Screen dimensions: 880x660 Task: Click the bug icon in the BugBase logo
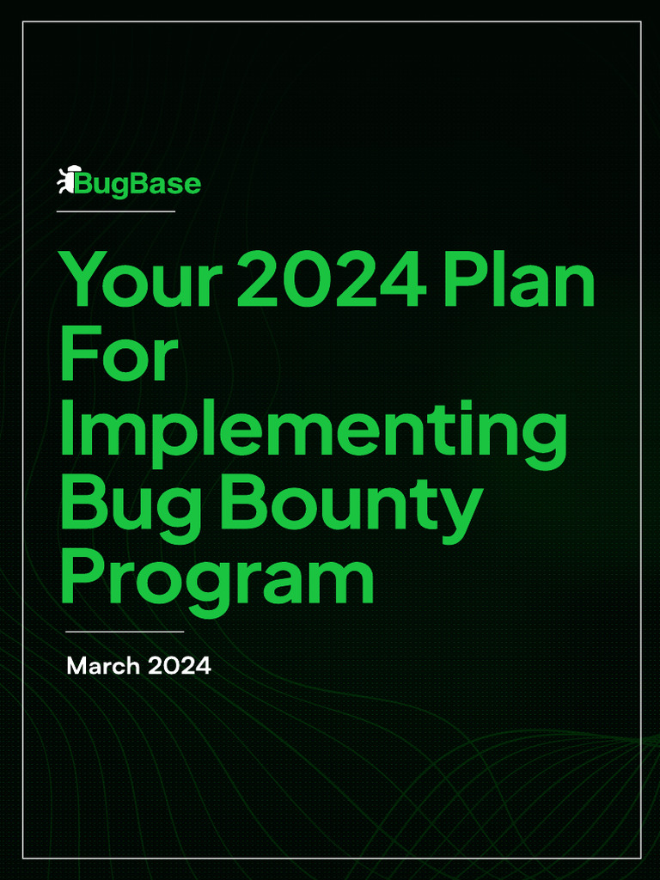pos(66,180)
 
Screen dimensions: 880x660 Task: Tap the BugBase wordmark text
pos(138,183)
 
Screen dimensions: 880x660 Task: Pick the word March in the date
pos(102,665)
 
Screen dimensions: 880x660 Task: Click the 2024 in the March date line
pos(179,665)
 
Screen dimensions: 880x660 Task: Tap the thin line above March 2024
pos(125,632)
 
